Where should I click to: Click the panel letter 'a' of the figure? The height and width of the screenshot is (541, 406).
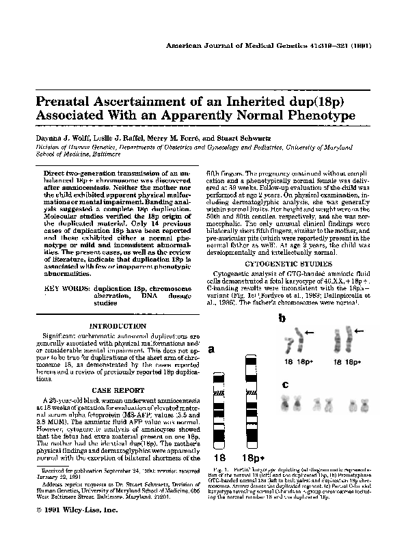(x=212, y=349)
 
